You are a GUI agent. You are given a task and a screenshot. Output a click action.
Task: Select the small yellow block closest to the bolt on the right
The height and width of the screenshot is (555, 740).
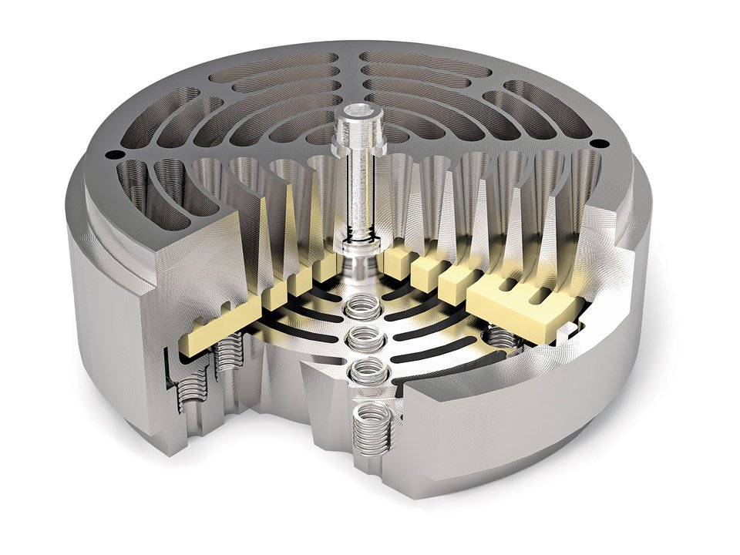click(x=395, y=262)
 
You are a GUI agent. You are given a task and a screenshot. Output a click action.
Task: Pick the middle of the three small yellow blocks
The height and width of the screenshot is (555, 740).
click(x=425, y=272)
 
